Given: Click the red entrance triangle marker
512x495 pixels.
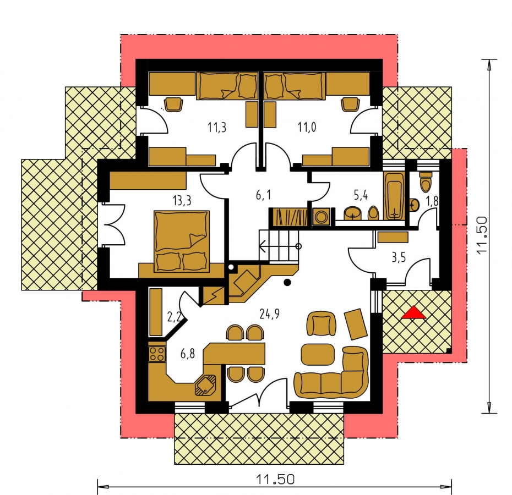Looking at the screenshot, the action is [x=413, y=312].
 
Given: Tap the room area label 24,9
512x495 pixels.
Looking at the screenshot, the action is [x=269, y=314].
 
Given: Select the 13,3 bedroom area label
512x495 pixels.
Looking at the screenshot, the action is [x=182, y=201].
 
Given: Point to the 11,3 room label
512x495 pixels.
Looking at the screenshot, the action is [x=217, y=127].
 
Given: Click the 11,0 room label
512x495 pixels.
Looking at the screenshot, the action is [x=307, y=127].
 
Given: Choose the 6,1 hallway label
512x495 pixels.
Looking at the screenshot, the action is [x=263, y=195].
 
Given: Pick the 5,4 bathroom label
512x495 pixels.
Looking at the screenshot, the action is [x=361, y=195].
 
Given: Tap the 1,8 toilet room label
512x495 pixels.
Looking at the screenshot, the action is [x=432, y=201].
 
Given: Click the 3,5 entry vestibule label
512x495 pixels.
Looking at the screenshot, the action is [x=399, y=257].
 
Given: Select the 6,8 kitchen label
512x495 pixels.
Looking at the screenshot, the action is [x=188, y=354].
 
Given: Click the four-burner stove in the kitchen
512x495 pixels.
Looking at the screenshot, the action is [x=156, y=354].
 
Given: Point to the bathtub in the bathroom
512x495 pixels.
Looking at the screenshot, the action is [x=394, y=196].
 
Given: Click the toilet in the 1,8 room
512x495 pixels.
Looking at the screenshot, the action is [x=426, y=182].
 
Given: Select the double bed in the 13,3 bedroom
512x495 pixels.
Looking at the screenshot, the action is [x=182, y=241].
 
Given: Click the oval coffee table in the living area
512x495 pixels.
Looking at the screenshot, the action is [x=318, y=354].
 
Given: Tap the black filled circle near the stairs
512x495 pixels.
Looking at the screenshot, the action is [x=287, y=283].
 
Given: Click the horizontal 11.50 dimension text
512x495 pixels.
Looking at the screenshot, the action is [x=275, y=480].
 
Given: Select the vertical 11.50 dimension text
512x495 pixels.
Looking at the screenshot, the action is [x=482, y=235].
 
